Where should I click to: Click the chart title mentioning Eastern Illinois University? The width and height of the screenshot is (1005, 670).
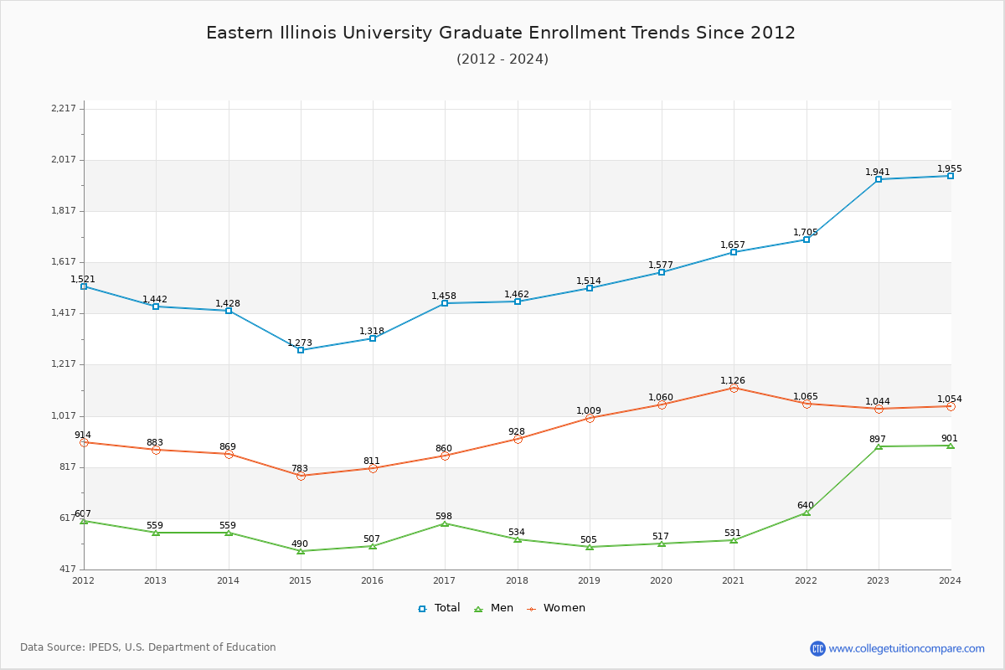[501, 33]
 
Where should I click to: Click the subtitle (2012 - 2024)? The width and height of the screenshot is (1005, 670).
[502, 59]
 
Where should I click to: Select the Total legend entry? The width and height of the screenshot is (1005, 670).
[439, 608]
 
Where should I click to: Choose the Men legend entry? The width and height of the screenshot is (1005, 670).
[495, 608]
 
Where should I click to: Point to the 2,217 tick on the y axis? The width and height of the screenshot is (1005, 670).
[64, 108]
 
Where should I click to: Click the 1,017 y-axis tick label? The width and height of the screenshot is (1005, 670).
[64, 415]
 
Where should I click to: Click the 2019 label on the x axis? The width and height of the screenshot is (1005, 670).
[589, 580]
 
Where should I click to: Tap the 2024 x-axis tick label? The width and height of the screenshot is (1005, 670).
[950, 580]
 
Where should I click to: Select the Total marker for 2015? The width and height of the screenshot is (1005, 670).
[301, 350]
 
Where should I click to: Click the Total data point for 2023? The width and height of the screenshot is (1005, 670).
[879, 179]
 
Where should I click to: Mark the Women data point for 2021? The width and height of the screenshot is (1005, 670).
[734, 388]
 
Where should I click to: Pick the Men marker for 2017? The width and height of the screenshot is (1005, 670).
[445, 523]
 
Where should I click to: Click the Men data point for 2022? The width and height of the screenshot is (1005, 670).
[807, 512]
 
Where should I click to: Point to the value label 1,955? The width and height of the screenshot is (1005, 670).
[950, 168]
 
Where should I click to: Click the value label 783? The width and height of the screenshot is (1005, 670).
[300, 468]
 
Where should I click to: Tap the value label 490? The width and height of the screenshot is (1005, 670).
[300, 544]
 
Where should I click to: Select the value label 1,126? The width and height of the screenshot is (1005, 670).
[733, 380]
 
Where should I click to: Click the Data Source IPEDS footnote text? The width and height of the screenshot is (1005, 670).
[148, 647]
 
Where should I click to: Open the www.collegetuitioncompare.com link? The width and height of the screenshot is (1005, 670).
[906, 648]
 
